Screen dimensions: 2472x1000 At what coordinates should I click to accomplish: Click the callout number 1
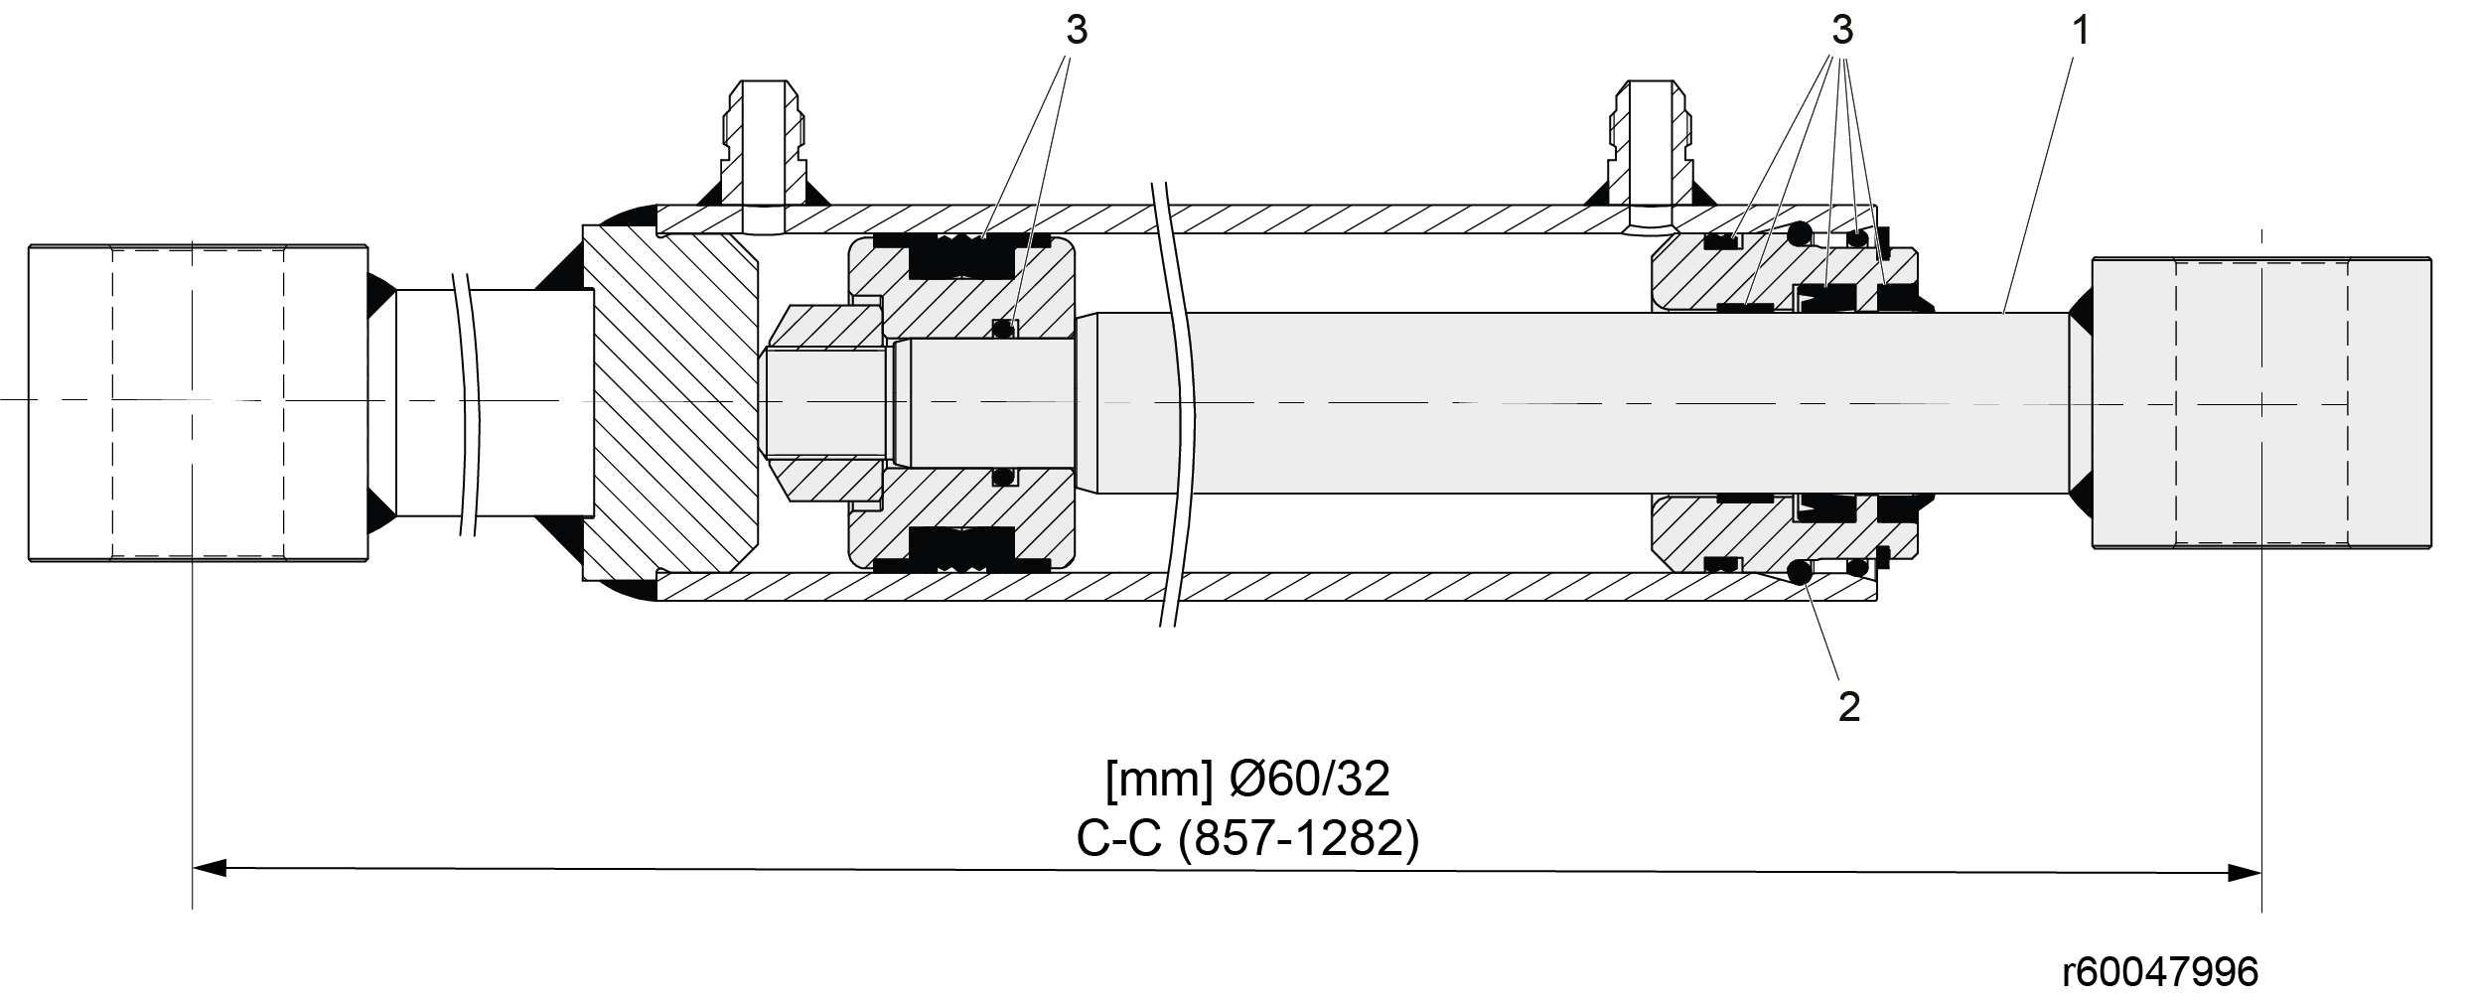pos(2081,32)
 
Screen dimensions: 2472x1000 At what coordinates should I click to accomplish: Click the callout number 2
pos(1848,706)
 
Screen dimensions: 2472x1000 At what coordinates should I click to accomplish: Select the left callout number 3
pos(1077,32)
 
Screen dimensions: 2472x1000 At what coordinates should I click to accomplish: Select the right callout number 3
pos(1842,32)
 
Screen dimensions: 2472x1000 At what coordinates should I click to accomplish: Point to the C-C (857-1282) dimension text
pos(1247,840)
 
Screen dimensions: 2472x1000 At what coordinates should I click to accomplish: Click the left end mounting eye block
pos(199,403)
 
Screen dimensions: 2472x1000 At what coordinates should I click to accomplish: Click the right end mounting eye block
pos(2261,402)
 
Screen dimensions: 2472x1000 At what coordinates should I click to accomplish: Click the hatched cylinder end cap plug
pos(671,403)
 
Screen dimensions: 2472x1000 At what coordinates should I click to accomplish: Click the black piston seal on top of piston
pos(961,255)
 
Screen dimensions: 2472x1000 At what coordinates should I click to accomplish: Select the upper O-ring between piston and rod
pos(1005,328)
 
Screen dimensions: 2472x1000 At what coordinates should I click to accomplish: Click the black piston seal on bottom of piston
pos(961,549)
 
